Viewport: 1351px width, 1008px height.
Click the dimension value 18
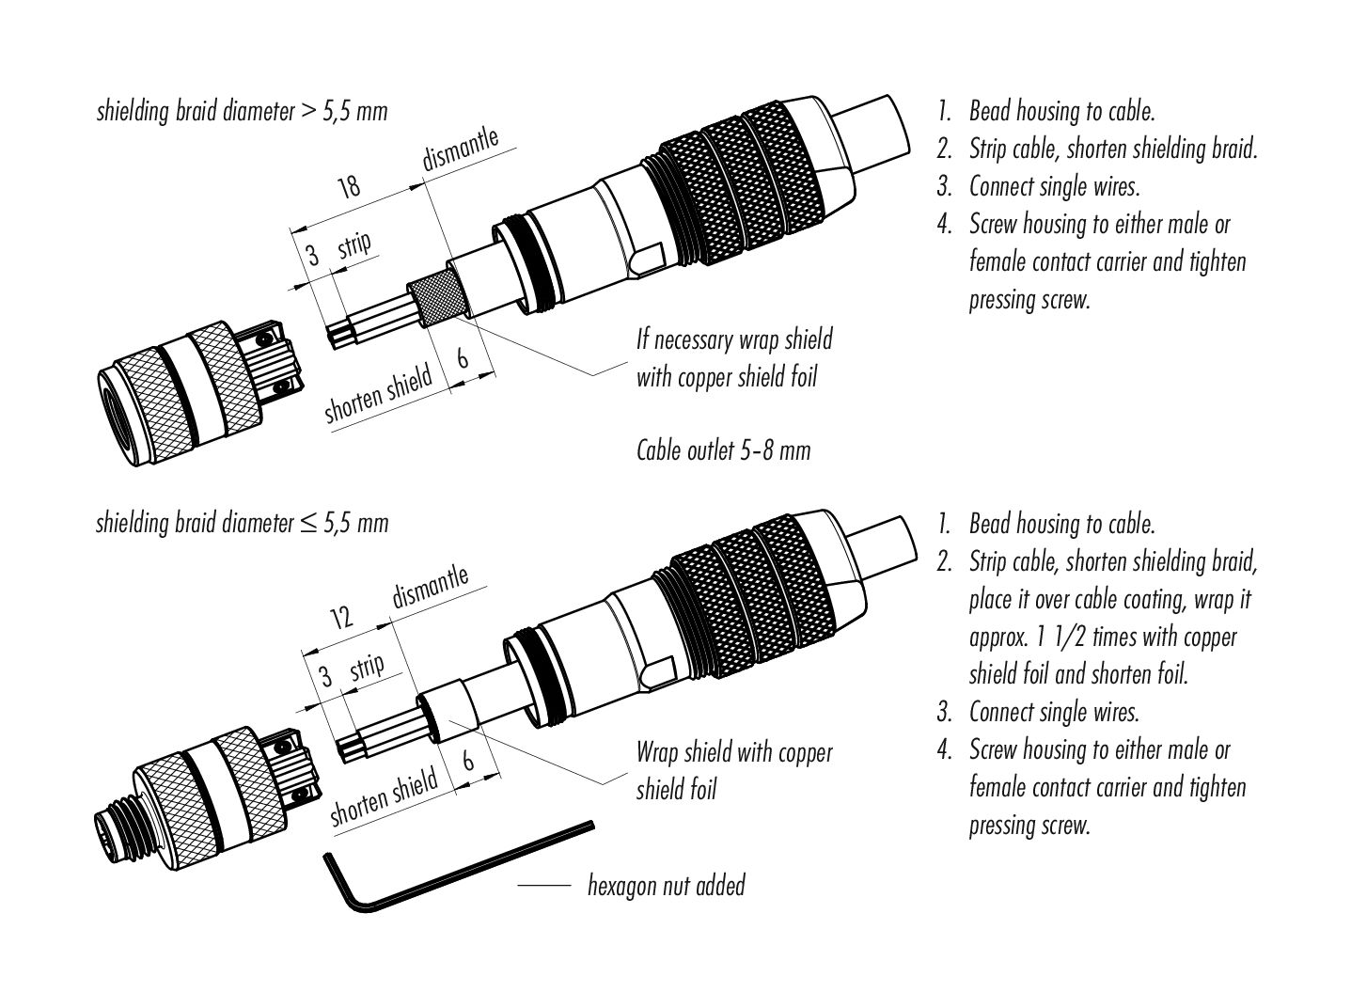349,186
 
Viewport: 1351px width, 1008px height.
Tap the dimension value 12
341,618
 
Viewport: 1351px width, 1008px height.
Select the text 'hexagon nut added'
666,886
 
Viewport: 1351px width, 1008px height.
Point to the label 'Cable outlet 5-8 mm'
723,450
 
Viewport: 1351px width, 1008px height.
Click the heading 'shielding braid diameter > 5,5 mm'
242,111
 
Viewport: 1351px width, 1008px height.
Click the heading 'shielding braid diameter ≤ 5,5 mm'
242,523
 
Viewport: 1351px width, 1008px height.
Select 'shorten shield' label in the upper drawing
378,395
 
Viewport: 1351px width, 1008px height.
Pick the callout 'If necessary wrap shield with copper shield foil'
733,358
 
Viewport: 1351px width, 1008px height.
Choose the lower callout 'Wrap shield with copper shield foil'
733,770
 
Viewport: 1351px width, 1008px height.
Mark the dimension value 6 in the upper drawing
463,359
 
